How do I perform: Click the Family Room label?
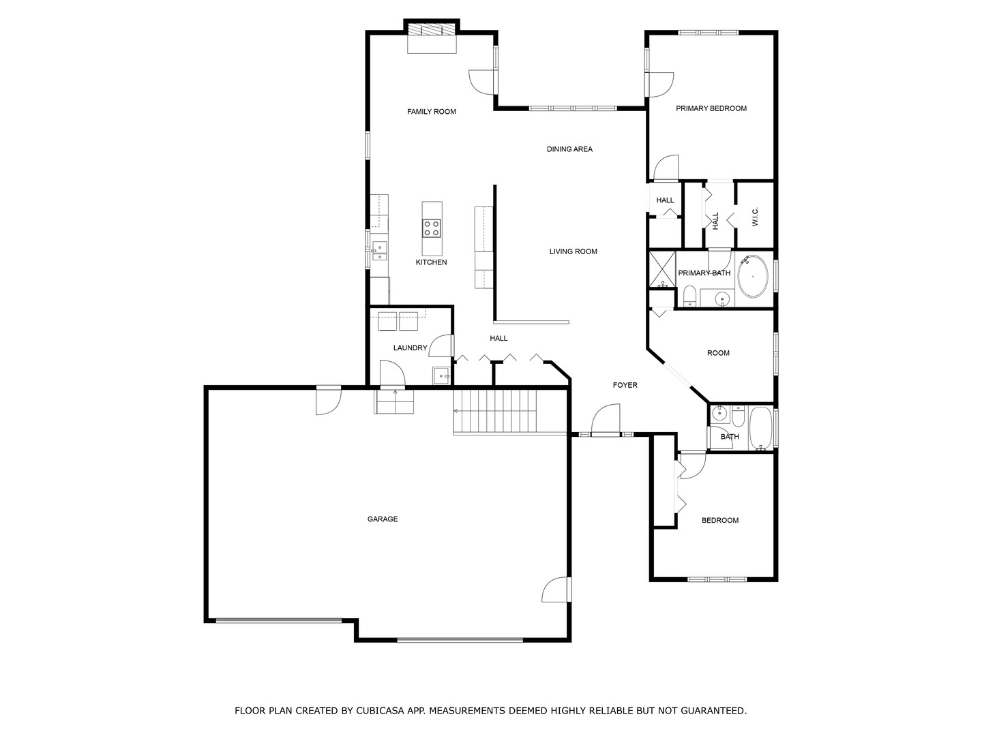[x=431, y=112]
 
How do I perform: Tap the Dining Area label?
[x=569, y=149]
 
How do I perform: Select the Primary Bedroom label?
[x=711, y=108]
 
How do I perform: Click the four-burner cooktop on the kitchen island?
[x=432, y=228]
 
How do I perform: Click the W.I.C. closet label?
[x=755, y=217]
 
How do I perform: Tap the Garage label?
[x=382, y=519]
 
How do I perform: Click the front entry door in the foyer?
[x=606, y=421]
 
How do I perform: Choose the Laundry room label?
[x=410, y=348]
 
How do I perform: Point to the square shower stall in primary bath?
[x=661, y=270]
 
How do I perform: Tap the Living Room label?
[x=573, y=251]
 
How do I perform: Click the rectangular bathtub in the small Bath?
[x=760, y=428]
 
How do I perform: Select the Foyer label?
[x=625, y=386]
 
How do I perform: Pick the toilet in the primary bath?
[x=689, y=297]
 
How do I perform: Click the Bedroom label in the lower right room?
[x=720, y=521]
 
